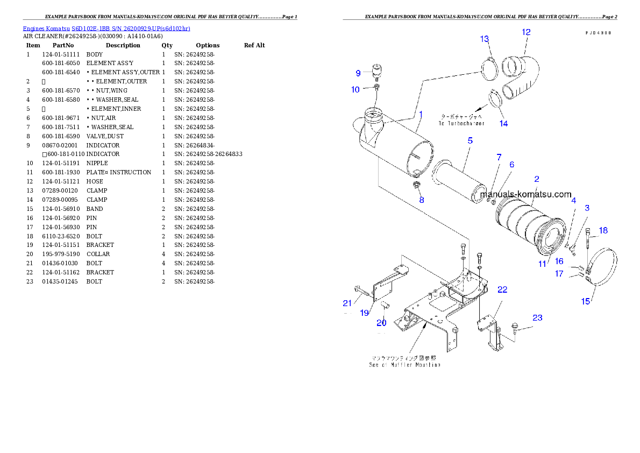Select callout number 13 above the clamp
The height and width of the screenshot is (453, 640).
485,39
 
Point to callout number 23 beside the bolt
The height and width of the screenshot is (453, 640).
537,318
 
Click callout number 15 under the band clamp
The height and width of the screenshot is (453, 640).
586,301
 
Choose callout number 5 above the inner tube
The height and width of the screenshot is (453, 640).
470,140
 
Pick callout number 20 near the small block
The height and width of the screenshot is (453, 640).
381,323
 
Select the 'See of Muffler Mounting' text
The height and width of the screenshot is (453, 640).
404,365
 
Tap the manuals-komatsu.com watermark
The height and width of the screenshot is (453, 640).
526,194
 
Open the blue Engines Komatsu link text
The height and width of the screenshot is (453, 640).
106,28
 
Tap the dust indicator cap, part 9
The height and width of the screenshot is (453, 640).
376,71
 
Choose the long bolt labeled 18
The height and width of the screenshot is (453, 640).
588,239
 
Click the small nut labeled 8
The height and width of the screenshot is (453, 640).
416,186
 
